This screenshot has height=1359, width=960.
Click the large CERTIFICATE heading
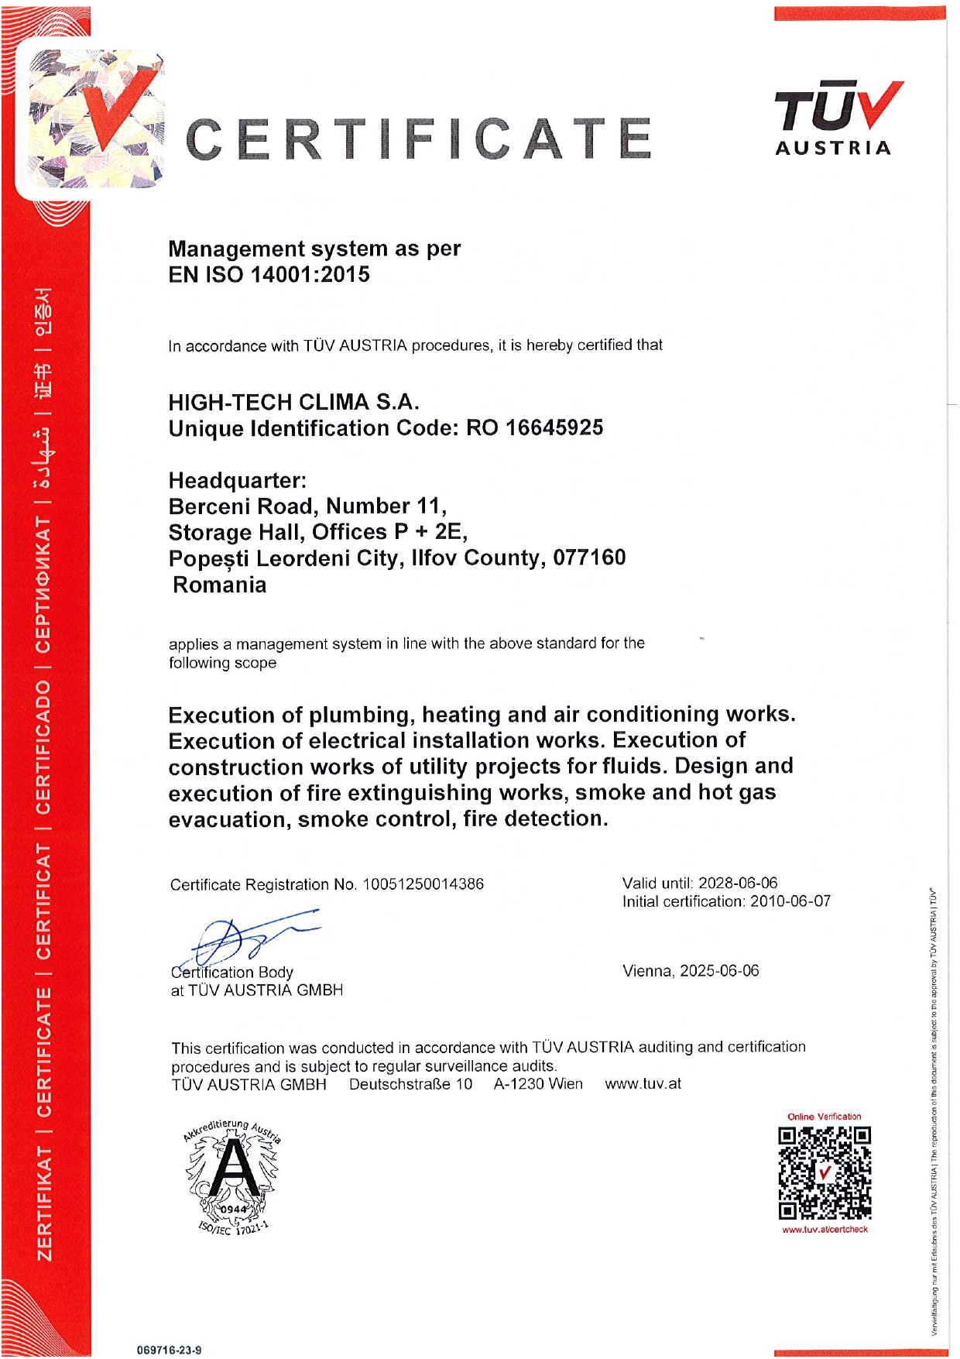419,139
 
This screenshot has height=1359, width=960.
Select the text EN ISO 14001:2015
269,275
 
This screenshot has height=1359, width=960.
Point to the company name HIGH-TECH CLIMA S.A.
293,402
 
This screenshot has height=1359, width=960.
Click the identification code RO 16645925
534,427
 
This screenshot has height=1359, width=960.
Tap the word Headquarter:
238,480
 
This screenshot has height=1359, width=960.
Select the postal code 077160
588,558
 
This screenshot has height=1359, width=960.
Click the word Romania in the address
220,585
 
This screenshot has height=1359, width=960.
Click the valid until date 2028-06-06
738,883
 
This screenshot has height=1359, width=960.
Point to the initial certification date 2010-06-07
790,901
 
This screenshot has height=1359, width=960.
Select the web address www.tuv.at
643,1084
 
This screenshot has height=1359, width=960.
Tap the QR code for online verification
825,1172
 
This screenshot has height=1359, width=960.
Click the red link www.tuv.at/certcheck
825,1230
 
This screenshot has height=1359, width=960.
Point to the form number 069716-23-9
169,1350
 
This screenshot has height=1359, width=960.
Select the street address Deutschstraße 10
410,1084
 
